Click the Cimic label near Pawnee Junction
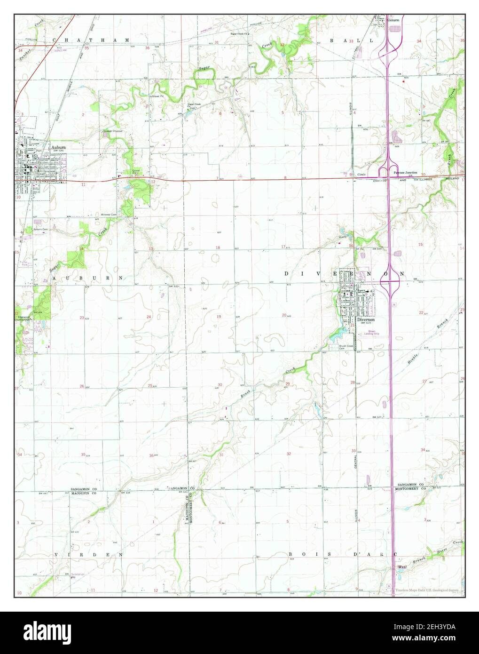[x=361, y=174]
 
